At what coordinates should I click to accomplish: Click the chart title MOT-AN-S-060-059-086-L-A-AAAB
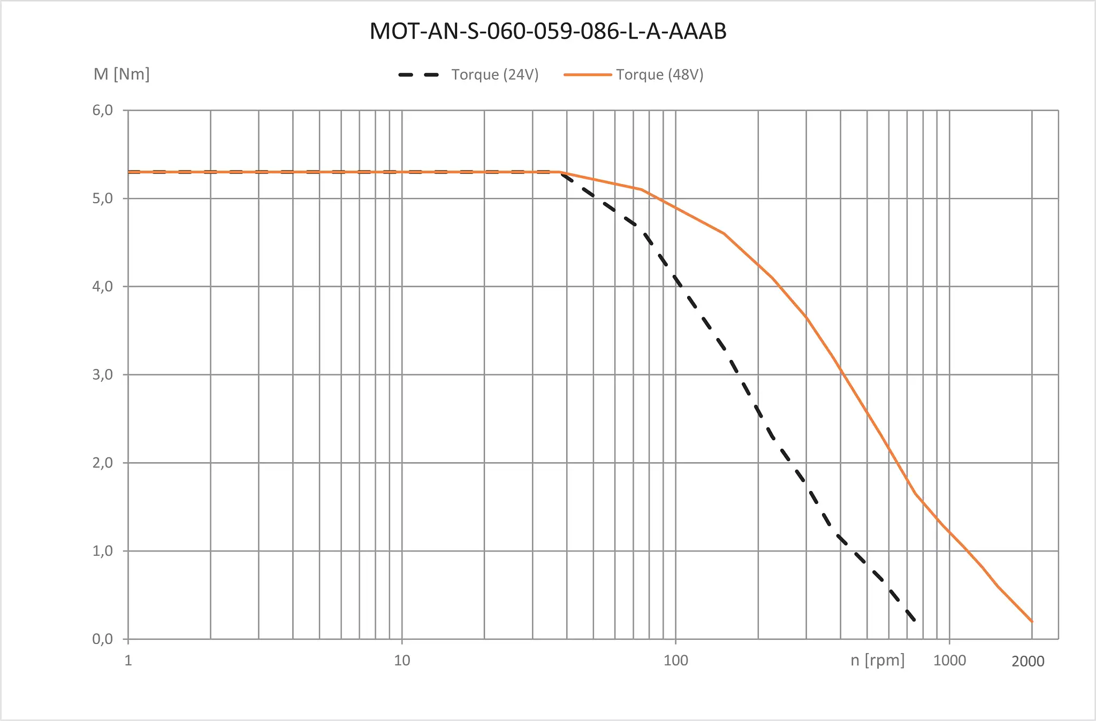(548, 31)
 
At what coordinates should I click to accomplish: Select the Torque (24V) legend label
(494, 74)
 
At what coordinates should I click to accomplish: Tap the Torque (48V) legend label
(659, 74)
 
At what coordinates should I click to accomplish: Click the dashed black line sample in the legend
(418, 75)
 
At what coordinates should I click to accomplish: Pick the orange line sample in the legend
(588, 75)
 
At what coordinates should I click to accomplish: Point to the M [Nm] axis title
(121, 74)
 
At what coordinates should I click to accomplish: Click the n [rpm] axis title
(878, 660)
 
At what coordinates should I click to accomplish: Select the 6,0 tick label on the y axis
(103, 110)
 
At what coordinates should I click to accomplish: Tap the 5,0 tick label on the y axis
(103, 198)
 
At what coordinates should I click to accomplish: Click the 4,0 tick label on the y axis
(103, 287)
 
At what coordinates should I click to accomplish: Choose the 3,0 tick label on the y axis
(103, 374)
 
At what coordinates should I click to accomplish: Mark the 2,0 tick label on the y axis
(103, 463)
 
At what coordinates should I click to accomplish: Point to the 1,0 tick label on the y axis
(103, 551)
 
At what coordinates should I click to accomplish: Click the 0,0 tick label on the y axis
(103, 639)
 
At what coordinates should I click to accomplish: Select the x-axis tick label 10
(402, 661)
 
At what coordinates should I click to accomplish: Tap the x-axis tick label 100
(676, 661)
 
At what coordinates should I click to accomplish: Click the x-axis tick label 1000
(950, 661)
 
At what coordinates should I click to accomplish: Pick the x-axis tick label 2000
(1028, 662)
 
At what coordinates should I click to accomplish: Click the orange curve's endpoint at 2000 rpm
(1032, 622)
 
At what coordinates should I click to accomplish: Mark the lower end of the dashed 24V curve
(914, 620)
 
